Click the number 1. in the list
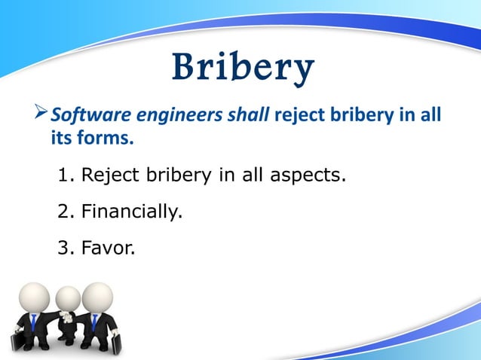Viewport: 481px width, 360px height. (66, 175)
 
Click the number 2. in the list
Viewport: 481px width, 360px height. (66, 212)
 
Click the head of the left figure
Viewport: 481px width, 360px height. (34, 295)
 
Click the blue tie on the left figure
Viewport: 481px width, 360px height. (34, 322)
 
